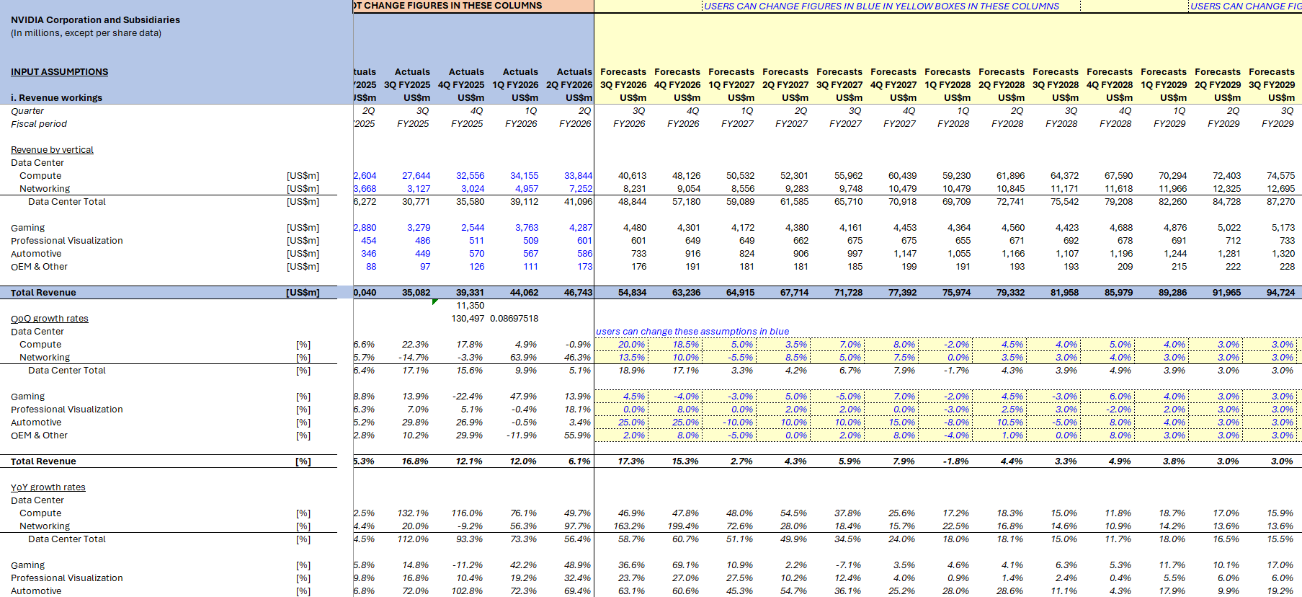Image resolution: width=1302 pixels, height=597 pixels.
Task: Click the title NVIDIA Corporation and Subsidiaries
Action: click(x=95, y=20)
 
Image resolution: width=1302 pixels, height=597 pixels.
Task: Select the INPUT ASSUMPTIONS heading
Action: click(x=59, y=72)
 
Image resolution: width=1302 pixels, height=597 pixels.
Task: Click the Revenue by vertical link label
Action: click(x=52, y=150)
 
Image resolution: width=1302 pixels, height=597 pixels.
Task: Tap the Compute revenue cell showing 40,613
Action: click(x=632, y=176)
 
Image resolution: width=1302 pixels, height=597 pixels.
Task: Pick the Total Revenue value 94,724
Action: click(x=1280, y=293)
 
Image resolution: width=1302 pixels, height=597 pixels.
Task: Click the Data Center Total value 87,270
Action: click(x=1280, y=202)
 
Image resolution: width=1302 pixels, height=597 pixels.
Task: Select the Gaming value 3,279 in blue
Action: click(x=418, y=228)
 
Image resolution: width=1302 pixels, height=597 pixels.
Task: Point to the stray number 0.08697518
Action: click(x=514, y=319)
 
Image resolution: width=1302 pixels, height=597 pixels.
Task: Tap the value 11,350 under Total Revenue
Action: click(x=470, y=306)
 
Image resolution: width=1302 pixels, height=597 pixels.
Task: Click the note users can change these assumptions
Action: click(x=692, y=332)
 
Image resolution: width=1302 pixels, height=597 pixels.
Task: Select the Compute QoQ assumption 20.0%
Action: click(x=631, y=345)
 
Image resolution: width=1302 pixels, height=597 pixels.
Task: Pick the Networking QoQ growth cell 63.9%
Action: click(x=523, y=358)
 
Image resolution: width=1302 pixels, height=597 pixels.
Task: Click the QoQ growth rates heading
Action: click(x=50, y=319)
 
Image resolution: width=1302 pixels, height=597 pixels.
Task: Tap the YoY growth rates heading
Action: click(x=48, y=487)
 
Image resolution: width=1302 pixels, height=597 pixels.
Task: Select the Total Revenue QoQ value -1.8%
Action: click(x=956, y=461)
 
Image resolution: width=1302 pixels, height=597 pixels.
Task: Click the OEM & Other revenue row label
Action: click(x=39, y=267)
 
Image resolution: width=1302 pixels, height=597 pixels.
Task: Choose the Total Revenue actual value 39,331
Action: click(x=470, y=293)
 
